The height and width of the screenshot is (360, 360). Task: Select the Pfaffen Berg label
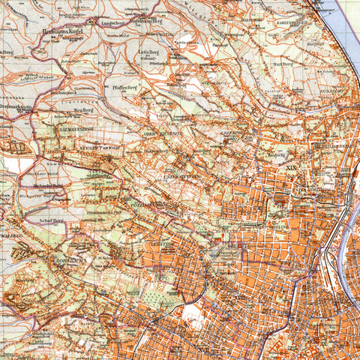124,88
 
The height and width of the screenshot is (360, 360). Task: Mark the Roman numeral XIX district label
292,169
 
